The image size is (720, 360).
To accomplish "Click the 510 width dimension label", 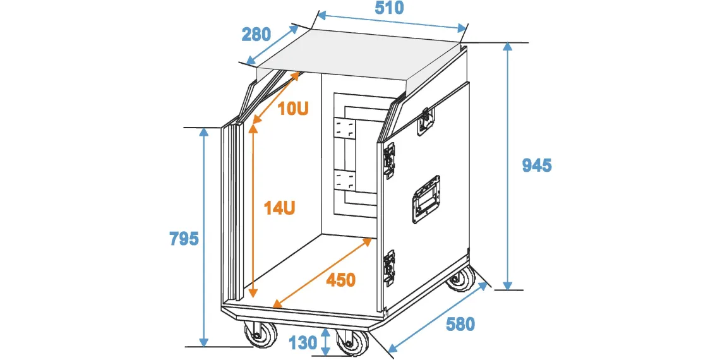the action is coord(390,8).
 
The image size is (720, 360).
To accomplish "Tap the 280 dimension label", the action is coord(256,35).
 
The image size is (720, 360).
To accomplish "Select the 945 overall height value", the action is coord(537,165).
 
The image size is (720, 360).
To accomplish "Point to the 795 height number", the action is coord(184,239).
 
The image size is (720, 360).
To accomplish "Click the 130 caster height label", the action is coord(303,342).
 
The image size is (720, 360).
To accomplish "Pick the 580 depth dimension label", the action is coord(460,325).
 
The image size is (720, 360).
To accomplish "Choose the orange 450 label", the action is coord(340,280).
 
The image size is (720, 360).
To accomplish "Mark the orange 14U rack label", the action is coord(279,208).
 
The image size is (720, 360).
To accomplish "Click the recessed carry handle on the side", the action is coord(426,200).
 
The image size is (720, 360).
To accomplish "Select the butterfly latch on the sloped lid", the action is coord(426,121).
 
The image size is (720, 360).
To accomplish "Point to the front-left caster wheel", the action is coord(260,333).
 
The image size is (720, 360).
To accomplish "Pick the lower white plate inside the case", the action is coord(345,181).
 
